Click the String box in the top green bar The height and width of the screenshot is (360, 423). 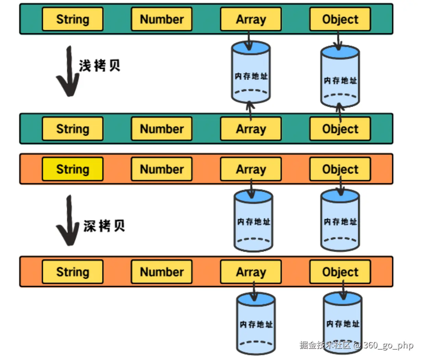73,19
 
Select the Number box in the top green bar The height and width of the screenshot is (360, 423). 161,19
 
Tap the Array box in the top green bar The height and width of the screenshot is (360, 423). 251,19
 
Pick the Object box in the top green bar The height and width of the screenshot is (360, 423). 340,19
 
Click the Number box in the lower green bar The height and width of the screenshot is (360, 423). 161,129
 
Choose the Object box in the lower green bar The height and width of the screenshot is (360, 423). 340,129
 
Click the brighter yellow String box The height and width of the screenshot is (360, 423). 73,169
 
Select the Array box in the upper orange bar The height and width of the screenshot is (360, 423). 251,169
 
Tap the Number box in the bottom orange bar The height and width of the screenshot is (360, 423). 161,272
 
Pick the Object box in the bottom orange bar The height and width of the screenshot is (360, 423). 340,272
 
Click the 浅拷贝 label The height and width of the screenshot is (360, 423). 100,65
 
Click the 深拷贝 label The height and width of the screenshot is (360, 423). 104,226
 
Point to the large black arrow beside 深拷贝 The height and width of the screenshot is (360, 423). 69,221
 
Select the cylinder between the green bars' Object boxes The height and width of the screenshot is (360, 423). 340,77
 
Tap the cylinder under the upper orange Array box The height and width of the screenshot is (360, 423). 253,221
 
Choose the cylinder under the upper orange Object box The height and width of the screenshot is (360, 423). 340,221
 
